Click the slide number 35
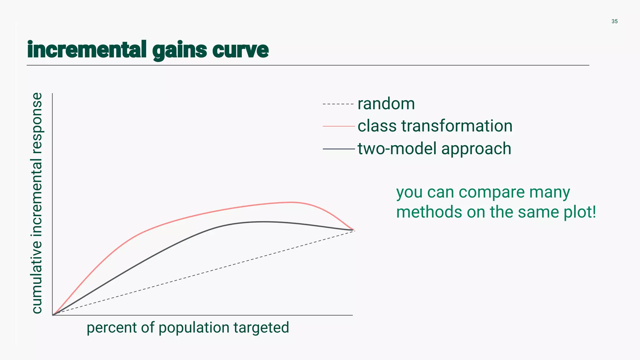[x=614, y=22]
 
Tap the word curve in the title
[x=240, y=50]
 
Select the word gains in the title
[x=180, y=50]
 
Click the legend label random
[x=386, y=104]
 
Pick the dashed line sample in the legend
[x=338, y=104]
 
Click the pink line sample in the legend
[x=338, y=126]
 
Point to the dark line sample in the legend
[x=338, y=149]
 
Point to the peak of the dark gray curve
[x=264, y=222]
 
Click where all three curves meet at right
[x=353, y=230]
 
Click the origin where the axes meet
[x=52, y=315]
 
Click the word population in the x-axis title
[x=194, y=328]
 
